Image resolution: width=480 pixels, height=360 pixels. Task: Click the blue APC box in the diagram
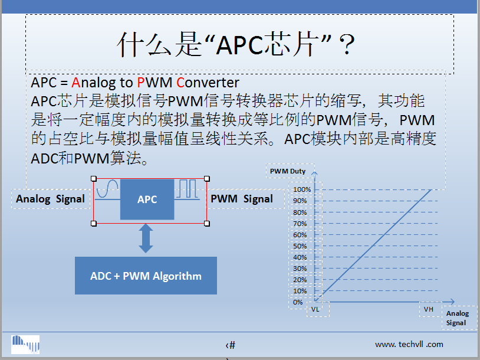147,199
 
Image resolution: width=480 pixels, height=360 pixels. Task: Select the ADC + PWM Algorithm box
146,276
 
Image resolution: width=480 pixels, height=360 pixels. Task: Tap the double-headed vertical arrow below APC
146,238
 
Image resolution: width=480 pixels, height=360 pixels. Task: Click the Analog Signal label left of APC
50,199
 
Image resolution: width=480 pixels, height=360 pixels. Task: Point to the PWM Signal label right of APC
242,199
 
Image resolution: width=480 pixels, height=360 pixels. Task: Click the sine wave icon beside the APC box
107,188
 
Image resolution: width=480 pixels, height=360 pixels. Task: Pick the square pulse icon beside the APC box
188,189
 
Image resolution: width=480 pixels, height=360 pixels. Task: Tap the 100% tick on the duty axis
302,189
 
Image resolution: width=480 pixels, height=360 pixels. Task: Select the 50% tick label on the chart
300,246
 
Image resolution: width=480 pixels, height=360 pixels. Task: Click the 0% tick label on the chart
298,302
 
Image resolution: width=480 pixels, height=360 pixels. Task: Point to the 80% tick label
300,212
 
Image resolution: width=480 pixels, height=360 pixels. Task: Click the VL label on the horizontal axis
315,309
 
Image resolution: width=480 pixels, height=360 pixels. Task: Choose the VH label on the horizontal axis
429,309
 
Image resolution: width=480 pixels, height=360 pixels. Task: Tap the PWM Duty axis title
288,171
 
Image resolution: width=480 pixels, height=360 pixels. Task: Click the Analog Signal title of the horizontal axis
458,318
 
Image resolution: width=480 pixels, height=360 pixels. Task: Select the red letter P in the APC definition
140,83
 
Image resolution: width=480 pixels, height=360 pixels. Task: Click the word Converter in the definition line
208,83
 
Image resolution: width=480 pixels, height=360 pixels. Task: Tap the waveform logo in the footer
25,345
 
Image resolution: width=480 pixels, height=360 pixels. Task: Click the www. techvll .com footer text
409,345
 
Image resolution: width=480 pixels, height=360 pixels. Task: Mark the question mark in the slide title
347,44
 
